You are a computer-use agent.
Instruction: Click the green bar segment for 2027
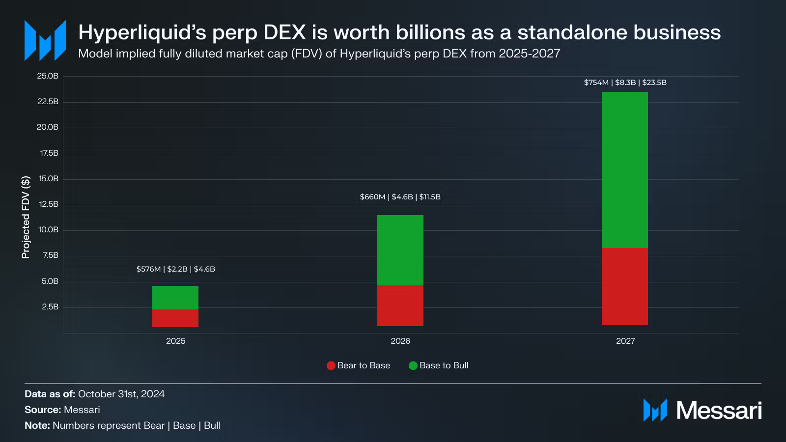tap(624, 170)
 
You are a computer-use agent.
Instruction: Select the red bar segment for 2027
tap(624, 286)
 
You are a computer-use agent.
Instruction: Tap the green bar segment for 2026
tap(400, 250)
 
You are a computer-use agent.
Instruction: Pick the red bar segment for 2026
tap(400, 305)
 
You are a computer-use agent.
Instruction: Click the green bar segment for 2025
tap(175, 297)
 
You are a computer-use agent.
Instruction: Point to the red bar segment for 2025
tap(175, 318)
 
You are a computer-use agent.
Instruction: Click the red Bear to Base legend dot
tap(331, 365)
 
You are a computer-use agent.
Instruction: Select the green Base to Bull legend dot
tap(413, 365)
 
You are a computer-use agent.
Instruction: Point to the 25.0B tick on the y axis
tap(48, 76)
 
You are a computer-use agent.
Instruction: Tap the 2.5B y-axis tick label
tap(50, 307)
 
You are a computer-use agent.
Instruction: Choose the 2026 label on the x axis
tap(400, 341)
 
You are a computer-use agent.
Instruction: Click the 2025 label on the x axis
tap(176, 341)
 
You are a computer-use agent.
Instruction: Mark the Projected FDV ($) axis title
tap(26, 217)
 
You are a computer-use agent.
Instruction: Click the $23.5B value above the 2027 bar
tap(654, 83)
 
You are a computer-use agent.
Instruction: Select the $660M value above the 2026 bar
tap(372, 197)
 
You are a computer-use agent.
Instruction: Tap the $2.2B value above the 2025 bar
tap(177, 269)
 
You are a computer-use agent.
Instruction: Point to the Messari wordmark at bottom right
tap(719, 411)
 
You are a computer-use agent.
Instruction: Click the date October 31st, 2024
tap(121, 394)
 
